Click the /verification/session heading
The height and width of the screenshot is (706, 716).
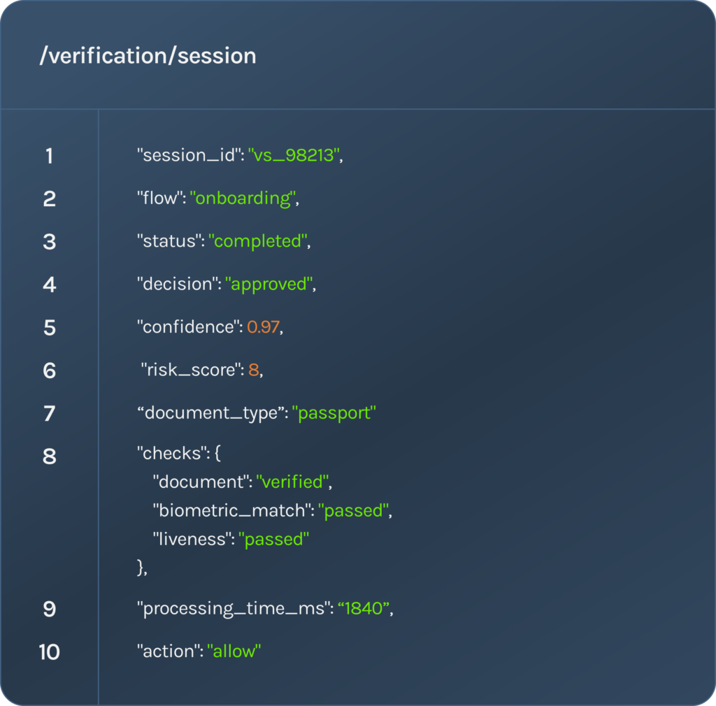point(148,56)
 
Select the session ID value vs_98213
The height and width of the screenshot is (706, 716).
point(294,155)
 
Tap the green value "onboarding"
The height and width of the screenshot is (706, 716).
point(243,199)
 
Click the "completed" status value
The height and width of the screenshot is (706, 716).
point(258,241)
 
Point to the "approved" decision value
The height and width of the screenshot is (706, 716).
point(269,284)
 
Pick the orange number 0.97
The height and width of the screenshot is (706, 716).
point(263,326)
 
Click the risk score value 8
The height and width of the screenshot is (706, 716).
point(253,370)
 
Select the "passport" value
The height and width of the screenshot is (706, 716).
point(334,413)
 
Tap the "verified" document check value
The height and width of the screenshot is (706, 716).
point(293,482)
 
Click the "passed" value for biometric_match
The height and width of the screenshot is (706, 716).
point(353,511)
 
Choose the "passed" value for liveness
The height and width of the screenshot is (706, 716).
point(273,540)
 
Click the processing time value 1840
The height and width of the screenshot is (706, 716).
point(364,608)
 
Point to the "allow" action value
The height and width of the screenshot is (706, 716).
point(234,651)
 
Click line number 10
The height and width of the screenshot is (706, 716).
point(50,651)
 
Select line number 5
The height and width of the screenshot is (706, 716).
point(50,328)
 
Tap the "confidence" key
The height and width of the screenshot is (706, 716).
point(189,326)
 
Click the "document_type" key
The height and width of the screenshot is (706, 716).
point(210,413)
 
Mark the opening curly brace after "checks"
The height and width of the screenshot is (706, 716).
point(217,453)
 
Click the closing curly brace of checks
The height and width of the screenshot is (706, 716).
point(140,568)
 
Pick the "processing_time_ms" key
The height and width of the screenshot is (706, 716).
point(234,609)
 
